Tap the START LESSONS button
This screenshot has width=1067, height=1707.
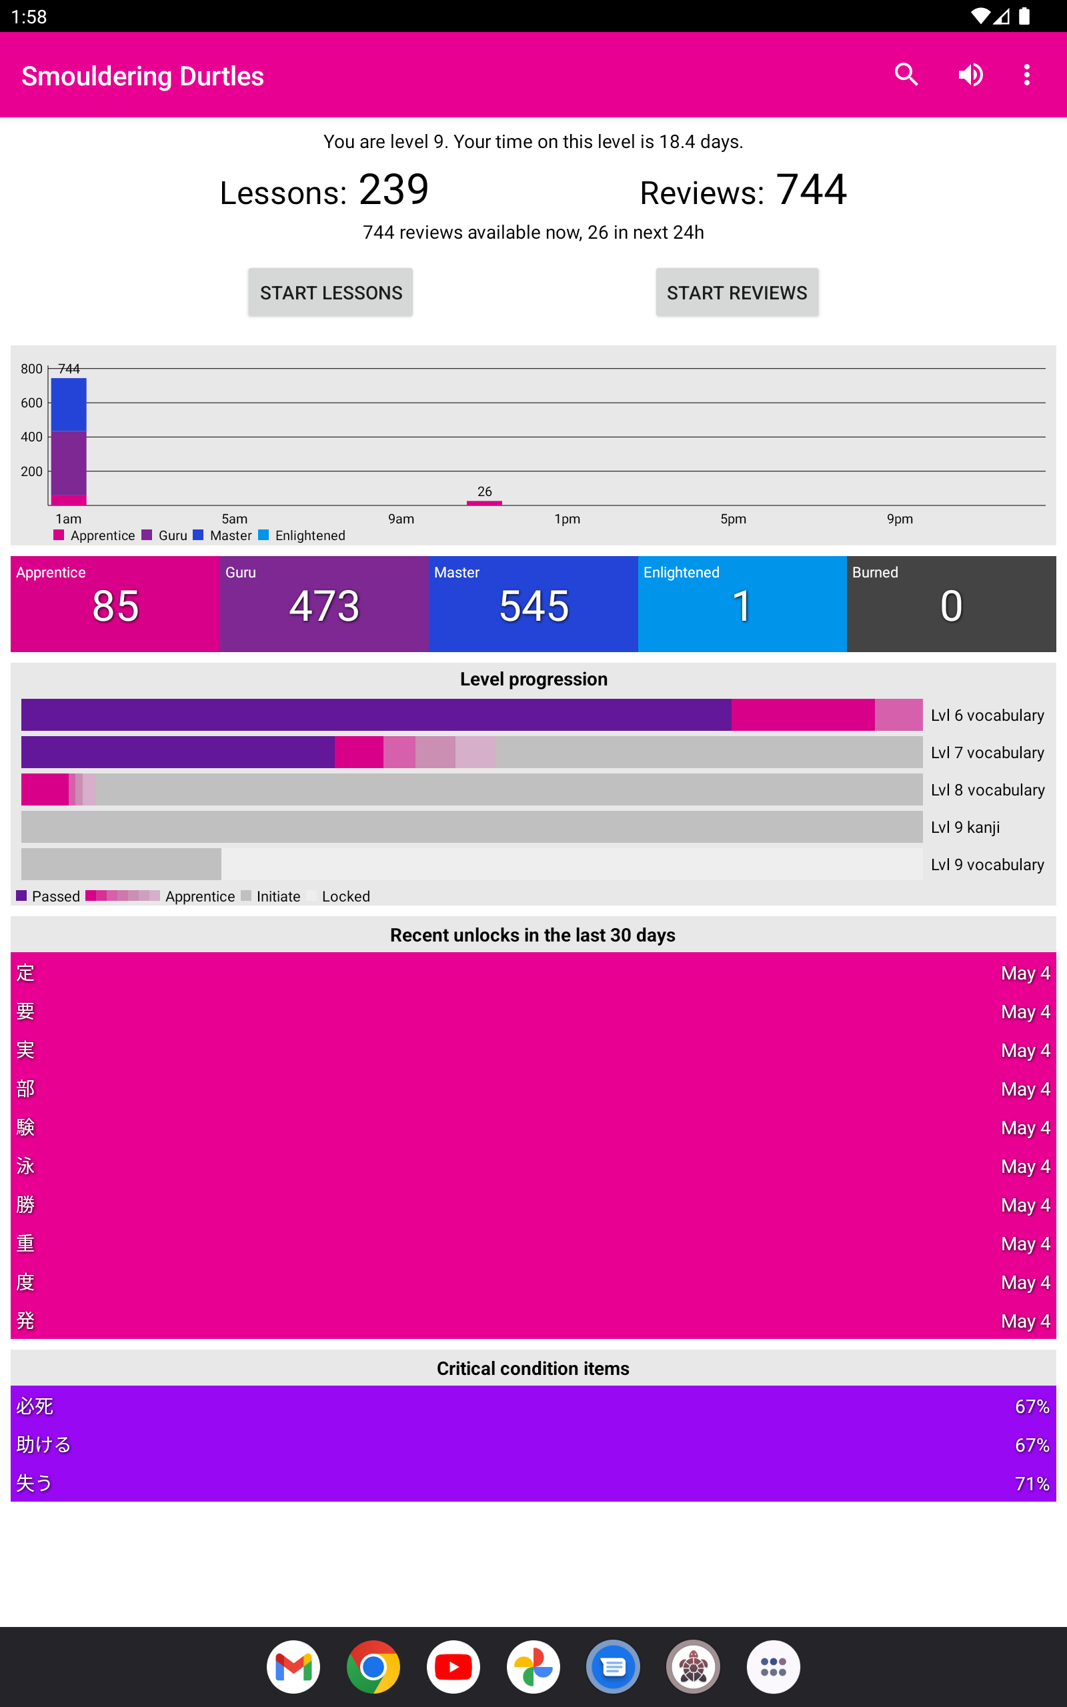[330, 292]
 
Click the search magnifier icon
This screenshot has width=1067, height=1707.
[906, 75]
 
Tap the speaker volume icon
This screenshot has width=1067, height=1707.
[970, 75]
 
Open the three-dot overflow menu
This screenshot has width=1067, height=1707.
[1027, 75]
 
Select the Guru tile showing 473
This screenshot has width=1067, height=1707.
[324, 604]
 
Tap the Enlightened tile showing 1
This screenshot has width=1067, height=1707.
[742, 604]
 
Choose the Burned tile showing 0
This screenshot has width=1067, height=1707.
[950, 604]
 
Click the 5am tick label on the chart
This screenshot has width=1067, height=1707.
[234, 519]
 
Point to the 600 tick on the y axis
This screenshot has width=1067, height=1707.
[32, 403]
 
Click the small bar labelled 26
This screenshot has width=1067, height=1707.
[484, 502]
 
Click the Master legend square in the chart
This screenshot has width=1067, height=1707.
[198, 535]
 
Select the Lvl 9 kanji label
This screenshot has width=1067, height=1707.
[965, 827]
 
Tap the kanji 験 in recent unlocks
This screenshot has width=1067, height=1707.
[25, 1127]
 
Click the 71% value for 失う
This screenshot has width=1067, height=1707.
[1031, 1484]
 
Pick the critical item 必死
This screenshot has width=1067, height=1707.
[35, 1406]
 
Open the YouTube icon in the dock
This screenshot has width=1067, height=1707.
[453, 1667]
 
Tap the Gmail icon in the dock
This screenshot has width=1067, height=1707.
[293, 1667]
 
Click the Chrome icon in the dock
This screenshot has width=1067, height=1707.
[373, 1667]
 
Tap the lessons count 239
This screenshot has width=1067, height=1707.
[393, 190]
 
